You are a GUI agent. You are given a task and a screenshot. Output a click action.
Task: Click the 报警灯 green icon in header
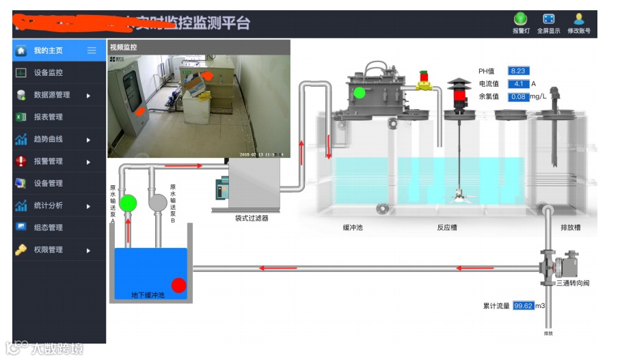521,19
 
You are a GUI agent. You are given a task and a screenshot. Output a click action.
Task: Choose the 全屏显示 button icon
548,19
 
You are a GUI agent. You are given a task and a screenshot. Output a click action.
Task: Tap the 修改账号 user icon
579,19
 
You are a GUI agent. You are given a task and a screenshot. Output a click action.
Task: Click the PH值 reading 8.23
518,71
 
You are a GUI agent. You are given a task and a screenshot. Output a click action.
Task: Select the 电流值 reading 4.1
518,84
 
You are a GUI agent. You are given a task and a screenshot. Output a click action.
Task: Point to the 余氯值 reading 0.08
519,97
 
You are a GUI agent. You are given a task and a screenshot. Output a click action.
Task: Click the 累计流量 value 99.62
524,306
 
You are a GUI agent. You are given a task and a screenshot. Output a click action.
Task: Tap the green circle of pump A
128,203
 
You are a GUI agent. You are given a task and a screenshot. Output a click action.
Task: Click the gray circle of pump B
158,202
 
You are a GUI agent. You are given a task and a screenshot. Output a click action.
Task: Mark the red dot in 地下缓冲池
178,285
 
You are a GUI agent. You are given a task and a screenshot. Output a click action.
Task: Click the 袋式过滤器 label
247,219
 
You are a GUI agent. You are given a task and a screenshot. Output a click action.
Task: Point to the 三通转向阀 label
572,283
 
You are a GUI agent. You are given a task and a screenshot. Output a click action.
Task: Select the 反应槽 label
447,228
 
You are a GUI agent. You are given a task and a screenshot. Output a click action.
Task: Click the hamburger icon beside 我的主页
92,51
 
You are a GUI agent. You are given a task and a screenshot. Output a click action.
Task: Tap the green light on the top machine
359,92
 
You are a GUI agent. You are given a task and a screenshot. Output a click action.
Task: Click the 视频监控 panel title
124,47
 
